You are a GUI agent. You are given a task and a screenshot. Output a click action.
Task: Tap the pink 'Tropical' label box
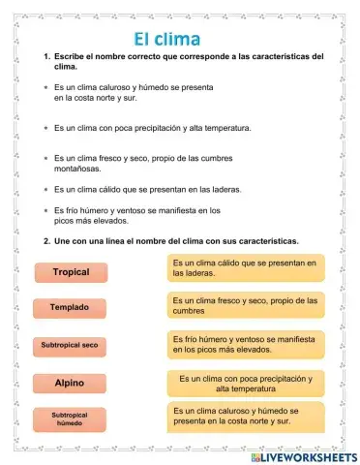[x=71, y=272]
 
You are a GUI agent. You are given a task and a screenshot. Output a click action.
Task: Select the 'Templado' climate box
[x=71, y=308]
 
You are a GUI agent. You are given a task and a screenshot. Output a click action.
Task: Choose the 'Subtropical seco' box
[x=71, y=345]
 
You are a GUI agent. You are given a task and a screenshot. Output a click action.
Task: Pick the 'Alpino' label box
[x=71, y=383]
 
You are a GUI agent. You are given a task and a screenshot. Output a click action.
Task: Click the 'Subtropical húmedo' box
[x=71, y=419]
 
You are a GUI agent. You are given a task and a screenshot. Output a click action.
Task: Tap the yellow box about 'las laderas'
[x=246, y=268]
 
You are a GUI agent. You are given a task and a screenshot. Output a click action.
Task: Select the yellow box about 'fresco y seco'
[x=246, y=306]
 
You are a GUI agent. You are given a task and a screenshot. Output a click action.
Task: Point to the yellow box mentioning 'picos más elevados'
[x=246, y=344]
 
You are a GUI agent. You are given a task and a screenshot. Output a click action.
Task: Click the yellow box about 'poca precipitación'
[x=246, y=384]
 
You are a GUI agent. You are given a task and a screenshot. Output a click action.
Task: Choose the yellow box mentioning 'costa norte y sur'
[x=246, y=417]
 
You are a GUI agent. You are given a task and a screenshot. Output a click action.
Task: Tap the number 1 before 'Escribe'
[x=46, y=57]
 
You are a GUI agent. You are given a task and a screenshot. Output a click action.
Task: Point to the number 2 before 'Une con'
[x=46, y=240]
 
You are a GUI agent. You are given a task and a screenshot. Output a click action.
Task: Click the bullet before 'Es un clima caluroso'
[x=46, y=87]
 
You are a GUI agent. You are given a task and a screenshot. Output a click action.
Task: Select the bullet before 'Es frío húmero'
[x=46, y=210]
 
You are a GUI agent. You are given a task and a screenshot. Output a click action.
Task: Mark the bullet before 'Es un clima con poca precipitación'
[x=46, y=127]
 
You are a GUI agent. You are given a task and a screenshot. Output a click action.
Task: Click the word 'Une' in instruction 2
[x=65, y=240]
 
